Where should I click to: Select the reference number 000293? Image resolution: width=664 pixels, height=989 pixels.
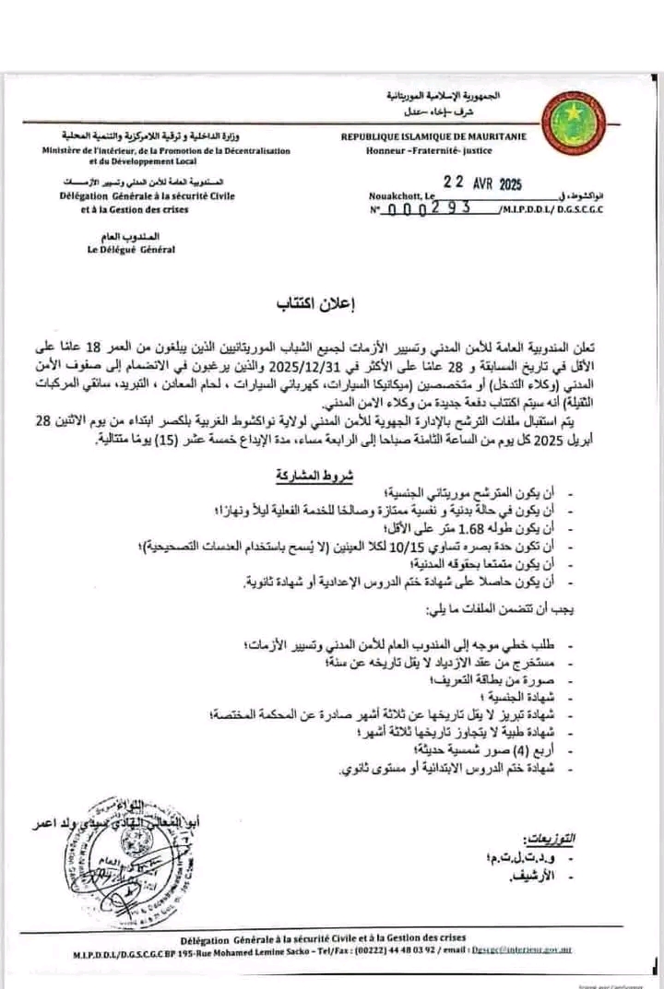pyautogui.click(x=435, y=208)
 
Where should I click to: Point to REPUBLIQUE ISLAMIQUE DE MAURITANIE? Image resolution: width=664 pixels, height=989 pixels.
pyautogui.click(x=433, y=136)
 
